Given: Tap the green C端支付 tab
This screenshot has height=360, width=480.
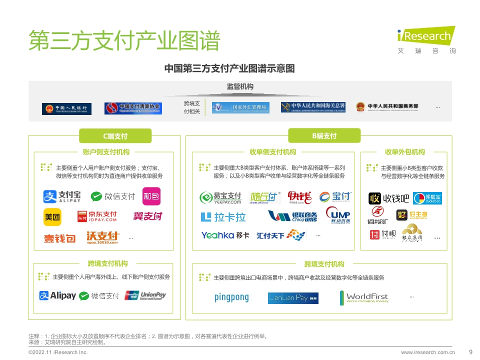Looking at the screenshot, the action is [x=115, y=136].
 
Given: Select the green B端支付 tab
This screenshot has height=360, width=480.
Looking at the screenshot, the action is [x=324, y=136].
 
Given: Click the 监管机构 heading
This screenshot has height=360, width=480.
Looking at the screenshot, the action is [x=240, y=87].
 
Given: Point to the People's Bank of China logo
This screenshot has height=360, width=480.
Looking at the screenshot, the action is [x=66, y=108].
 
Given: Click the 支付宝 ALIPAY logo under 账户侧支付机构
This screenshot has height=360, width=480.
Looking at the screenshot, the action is [x=62, y=196].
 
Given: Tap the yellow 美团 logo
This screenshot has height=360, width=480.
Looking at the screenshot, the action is [x=52, y=217].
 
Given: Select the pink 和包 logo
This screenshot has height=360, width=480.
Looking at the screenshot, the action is [x=151, y=196].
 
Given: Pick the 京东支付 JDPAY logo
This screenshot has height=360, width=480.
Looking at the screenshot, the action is [x=97, y=216].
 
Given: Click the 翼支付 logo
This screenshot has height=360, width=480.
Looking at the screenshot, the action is [x=147, y=216].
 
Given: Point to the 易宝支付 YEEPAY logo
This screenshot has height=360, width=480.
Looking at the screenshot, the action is [x=220, y=198].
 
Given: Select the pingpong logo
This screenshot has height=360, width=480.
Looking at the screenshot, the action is [x=231, y=298].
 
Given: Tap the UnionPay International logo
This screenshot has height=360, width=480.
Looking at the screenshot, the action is [x=145, y=295].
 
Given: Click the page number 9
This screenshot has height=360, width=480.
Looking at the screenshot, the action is [x=470, y=351].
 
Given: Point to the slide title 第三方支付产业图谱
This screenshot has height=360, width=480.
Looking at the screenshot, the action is [x=124, y=40].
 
